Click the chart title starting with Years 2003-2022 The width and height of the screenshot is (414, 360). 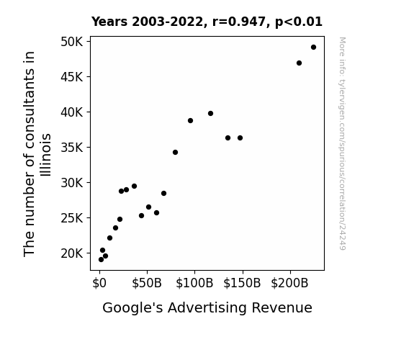pos(207,22)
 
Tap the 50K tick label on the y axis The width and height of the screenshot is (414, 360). pos(72,42)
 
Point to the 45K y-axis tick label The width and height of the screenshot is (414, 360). pos(72,77)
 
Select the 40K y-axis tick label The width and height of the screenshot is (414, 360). pos(72,112)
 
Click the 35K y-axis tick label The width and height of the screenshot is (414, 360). pos(72,148)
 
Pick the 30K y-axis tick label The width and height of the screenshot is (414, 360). pos(72,182)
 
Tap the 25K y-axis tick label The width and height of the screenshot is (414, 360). pos(72,218)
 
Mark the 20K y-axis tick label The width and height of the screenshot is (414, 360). pos(72,253)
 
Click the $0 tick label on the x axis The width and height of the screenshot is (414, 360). pos(99,283)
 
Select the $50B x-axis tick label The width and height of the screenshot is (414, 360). pos(147,283)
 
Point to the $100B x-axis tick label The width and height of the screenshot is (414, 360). pos(194,283)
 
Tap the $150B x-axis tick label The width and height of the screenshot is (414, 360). pos(242,283)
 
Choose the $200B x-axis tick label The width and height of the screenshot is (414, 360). pos(289,283)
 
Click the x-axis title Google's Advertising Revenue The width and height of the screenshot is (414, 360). pos(207,307)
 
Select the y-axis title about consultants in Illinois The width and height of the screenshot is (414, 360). pos(37,154)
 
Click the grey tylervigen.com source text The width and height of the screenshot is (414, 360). pos(342,143)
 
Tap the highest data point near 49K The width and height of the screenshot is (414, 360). pos(313,48)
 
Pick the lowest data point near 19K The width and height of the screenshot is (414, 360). pos(101,260)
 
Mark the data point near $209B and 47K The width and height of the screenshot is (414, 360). pos(299,63)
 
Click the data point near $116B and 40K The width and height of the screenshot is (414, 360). pos(210,113)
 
